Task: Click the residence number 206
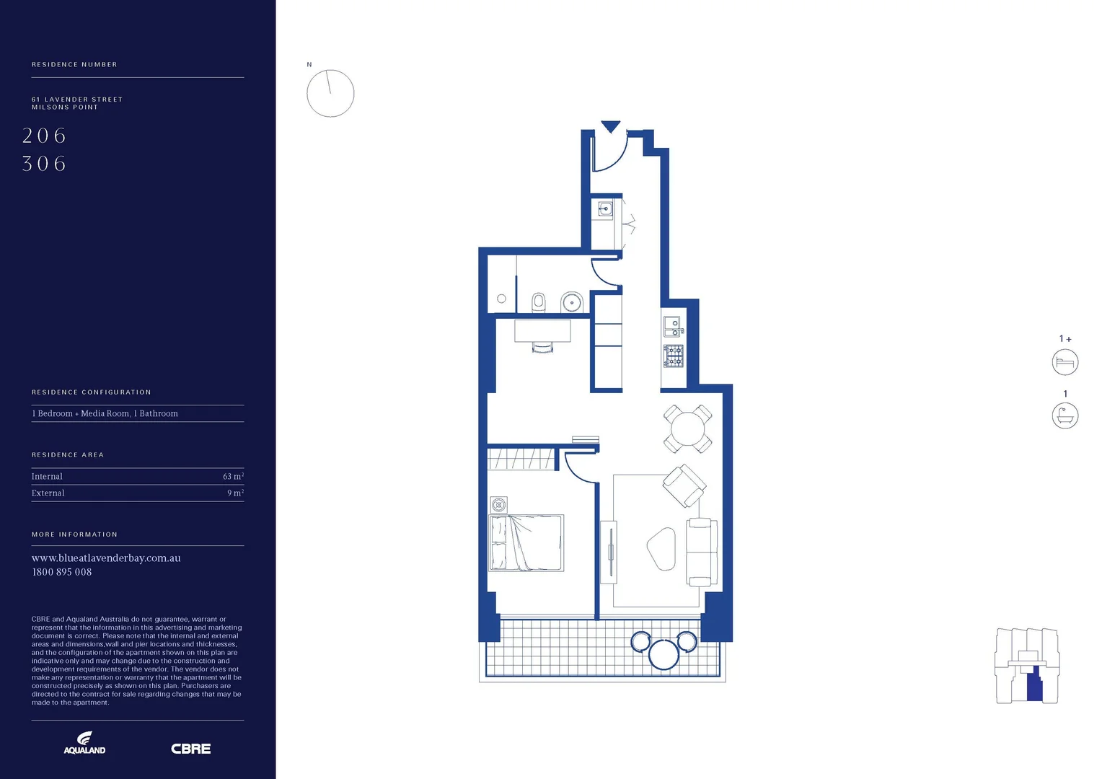[44, 136]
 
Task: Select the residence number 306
[44, 164]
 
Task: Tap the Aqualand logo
[84, 743]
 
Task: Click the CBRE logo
[190, 749]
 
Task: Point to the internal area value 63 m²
[233, 477]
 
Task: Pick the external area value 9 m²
[235, 493]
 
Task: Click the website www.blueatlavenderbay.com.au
[106, 558]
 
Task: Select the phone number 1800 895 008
[62, 572]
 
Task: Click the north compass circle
[330, 94]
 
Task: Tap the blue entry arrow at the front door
[611, 127]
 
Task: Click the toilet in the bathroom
[539, 302]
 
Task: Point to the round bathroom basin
[572, 302]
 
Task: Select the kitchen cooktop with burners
[674, 356]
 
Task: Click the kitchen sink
[672, 327]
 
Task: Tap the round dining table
[687, 429]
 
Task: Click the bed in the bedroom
[526, 542]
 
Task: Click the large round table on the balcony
[664, 654]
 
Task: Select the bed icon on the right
[1064, 362]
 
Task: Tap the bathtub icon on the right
[1064, 416]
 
